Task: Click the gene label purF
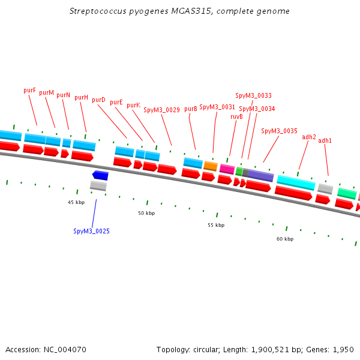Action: tap(29, 90)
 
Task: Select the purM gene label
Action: tap(47, 92)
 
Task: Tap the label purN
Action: tap(64, 95)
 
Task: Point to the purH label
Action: tap(81, 97)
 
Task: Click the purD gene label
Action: tap(98, 100)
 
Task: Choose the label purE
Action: tap(116, 102)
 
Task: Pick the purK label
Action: tap(133, 105)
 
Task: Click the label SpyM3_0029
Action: tap(161, 110)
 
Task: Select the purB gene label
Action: tap(191, 109)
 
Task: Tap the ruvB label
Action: tap(236, 116)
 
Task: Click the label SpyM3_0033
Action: tap(253, 95)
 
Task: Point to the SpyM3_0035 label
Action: tap(279, 131)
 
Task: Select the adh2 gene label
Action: tap(309, 137)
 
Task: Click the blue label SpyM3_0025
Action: tap(91, 231)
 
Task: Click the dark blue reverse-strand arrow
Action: tap(100, 175)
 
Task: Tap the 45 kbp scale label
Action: tap(76, 203)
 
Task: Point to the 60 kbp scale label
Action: tap(285, 239)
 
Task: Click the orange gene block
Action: tap(210, 166)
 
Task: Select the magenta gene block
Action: tap(227, 169)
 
